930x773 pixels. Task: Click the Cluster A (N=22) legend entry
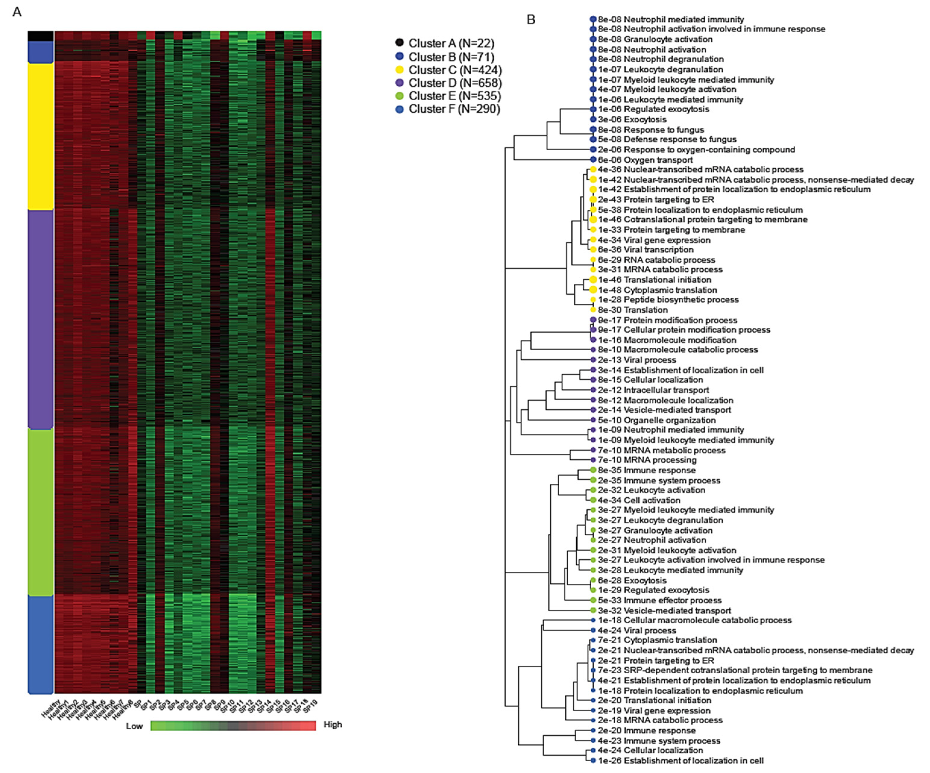point(451,43)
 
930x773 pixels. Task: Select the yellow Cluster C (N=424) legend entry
point(455,70)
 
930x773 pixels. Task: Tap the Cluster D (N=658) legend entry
point(455,83)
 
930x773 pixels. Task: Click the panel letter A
point(17,12)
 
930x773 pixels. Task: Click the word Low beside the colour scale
point(134,726)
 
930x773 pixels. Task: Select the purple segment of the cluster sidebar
point(41,319)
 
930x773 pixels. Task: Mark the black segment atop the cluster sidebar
point(41,36)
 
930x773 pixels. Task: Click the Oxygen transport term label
point(658,160)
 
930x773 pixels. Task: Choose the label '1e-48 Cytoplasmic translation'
point(657,290)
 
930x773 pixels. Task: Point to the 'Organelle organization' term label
point(670,420)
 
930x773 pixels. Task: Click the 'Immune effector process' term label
point(673,600)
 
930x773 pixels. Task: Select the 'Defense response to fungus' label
point(680,139)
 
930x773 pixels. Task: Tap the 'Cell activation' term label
point(652,500)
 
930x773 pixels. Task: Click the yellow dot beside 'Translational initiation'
point(593,280)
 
